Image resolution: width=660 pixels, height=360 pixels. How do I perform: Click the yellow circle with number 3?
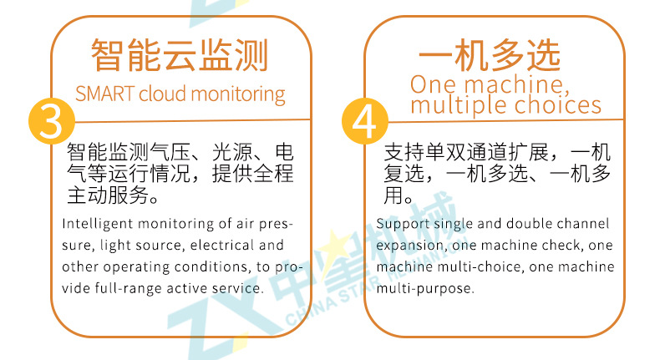click(x=51, y=121)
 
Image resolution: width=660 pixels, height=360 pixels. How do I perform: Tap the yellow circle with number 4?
click(x=365, y=121)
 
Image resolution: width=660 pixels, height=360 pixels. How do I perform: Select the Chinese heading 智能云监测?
click(x=180, y=56)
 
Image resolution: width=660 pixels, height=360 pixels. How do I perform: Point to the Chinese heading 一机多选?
click(x=490, y=55)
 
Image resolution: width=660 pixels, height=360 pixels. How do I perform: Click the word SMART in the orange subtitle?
click(x=104, y=94)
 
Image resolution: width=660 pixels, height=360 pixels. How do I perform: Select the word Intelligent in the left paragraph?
click(x=98, y=224)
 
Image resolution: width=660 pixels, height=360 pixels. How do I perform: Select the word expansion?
click(x=409, y=246)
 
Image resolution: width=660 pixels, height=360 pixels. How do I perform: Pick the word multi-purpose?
click(x=424, y=289)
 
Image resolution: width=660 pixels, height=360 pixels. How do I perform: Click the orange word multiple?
click(x=459, y=106)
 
